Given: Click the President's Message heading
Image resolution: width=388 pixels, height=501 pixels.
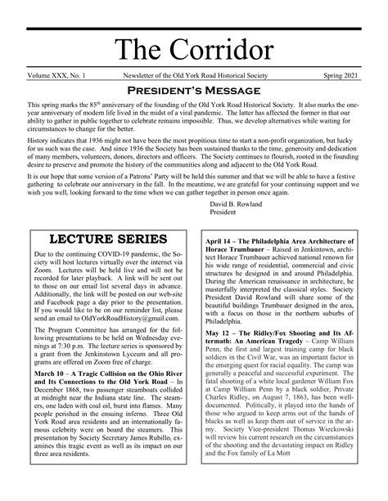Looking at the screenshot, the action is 194,91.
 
